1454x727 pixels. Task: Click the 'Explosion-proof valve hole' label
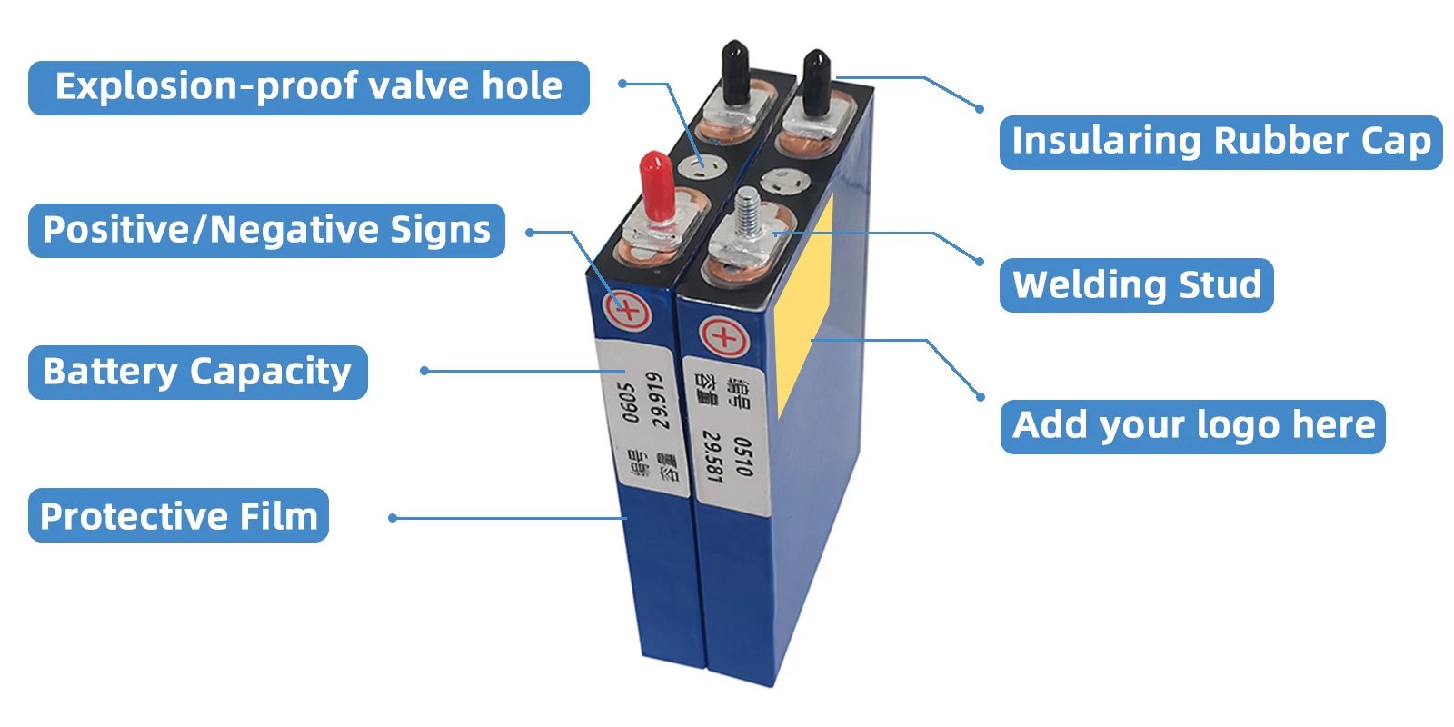point(308,87)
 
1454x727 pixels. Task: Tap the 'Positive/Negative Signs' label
point(266,230)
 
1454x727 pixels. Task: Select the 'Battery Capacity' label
point(197,372)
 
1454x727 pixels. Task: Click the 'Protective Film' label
point(178,515)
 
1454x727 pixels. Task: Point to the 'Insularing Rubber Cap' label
point(1220,142)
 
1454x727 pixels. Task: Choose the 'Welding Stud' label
point(1136,284)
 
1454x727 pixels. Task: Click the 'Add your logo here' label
point(1192,425)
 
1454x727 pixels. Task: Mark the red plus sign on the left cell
point(628,312)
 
